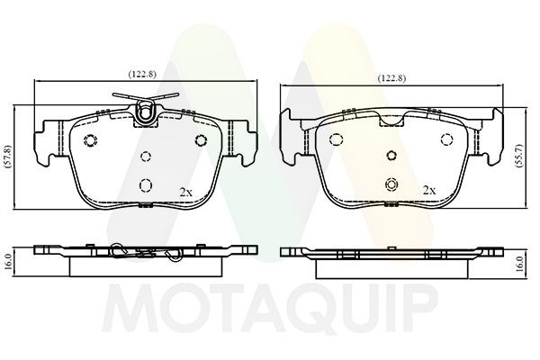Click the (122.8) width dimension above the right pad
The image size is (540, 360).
click(x=391, y=78)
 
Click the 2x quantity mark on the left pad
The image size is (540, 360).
click(x=186, y=192)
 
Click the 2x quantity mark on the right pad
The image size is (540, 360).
click(x=429, y=191)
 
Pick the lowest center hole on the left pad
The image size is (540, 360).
click(x=145, y=185)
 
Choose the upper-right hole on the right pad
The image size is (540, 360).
click(x=445, y=139)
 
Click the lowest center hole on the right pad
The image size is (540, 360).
click(x=391, y=185)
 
